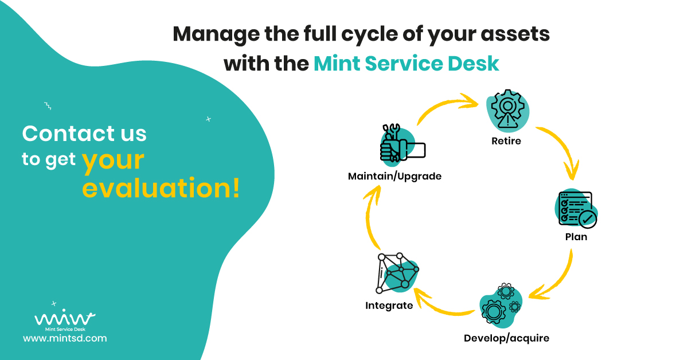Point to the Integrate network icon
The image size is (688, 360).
pyautogui.click(x=397, y=274)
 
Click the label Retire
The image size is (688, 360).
pyautogui.click(x=506, y=141)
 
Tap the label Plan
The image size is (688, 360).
pyautogui.click(x=576, y=237)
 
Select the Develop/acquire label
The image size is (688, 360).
pyautogui.click(x=506, y=338)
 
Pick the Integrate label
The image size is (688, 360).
pyautogui.click(x=389, y=306)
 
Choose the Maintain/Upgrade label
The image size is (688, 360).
pyautogui.click(x=394, y=176)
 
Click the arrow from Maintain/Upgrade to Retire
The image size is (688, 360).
pyautogui.click(x=444, y=106)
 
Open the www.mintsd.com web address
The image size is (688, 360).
pyautogui.click(x=65, y=338)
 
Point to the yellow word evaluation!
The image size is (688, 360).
pyautogui.click(x=161, y=187)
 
